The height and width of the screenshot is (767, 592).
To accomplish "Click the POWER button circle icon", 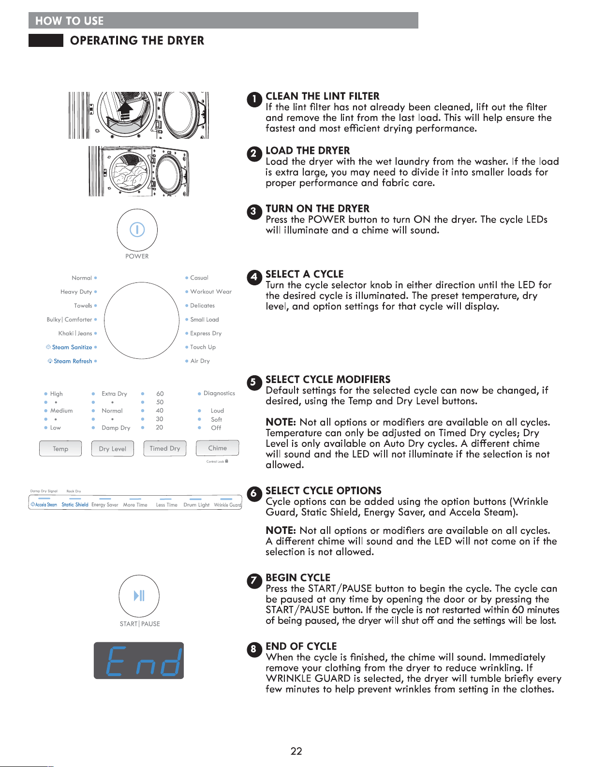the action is tap(137, 230).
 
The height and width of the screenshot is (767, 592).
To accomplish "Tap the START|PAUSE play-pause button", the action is tap(139, 596).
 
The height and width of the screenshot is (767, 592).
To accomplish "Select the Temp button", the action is tap(60, 449).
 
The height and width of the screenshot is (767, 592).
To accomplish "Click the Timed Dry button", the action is tap(165, 448).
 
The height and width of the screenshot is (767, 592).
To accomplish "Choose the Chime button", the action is tap(218, 448).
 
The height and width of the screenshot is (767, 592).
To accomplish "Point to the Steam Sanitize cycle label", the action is tap(72, 347).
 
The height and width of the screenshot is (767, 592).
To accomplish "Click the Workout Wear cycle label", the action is tap(211, 292).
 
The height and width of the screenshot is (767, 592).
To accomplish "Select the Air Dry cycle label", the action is tap(200, 361).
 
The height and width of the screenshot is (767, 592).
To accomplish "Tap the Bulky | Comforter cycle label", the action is tap(69, 320).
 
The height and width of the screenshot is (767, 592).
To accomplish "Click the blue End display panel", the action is tap(139, 661).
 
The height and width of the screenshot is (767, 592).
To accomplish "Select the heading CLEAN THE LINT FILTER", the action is tap(322, 96).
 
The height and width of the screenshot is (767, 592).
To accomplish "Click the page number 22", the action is tap(296, 751).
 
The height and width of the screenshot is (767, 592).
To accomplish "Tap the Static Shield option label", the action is tap(75, 505).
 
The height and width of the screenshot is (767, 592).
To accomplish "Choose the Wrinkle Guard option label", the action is tap(228, 505).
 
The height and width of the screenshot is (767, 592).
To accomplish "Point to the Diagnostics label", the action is tap(219, 393).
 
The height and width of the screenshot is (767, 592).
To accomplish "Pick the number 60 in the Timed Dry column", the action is tap(160, 394).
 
